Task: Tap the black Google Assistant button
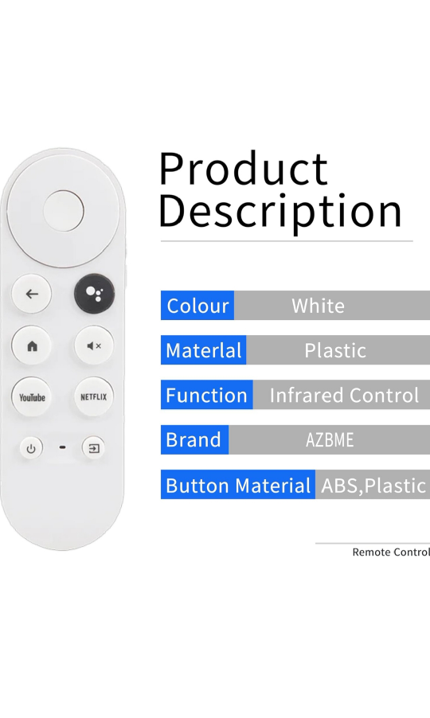[94, 293]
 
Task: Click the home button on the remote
[32, 345]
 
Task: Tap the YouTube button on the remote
[32, 397]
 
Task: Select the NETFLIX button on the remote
[94, 397]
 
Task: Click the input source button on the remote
[93, 448]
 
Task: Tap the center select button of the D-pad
[64, 211]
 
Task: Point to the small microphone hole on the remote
[62, 447]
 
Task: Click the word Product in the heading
[243, 169]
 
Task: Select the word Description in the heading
[279, 212]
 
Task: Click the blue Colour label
[197, 306]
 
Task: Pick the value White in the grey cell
[319, 306]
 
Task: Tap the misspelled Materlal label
[203, 350]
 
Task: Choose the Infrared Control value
[344, 395]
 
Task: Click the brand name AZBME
[330, 440]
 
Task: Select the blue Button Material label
[238, 485]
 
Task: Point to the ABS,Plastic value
[373, 486]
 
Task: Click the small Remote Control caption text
[391, 552]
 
